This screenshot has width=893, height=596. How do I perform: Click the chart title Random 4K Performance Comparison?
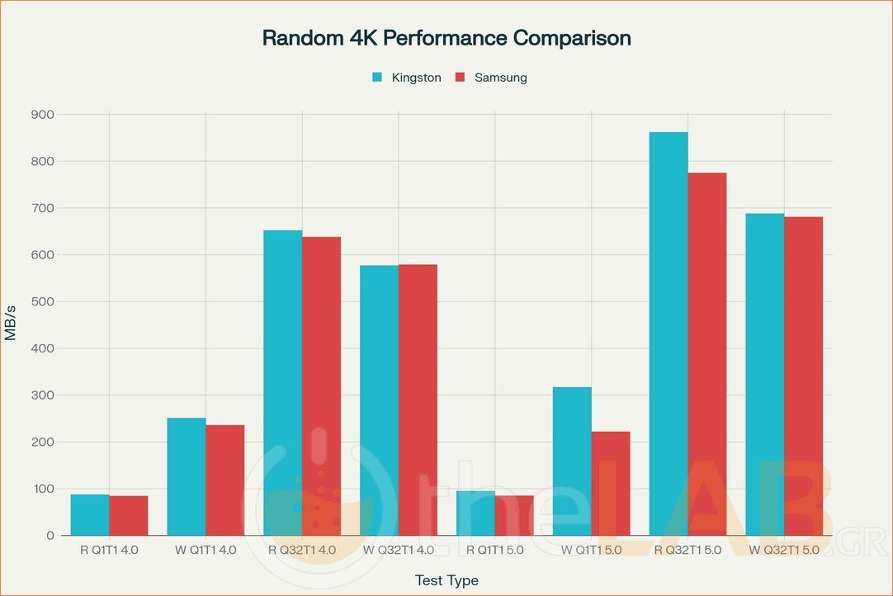pyautogui.click(x=446, y=38)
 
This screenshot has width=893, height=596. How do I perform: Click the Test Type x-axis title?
pyautogui.click(x=446, y=580)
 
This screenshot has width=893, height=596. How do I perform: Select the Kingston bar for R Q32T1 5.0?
pyautogui.click(x=669, y=333)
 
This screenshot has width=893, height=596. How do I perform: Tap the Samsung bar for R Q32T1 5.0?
pyautogui.click(x=707, y=354)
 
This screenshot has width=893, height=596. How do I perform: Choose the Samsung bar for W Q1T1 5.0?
pyautogui.click(x=611, y=483)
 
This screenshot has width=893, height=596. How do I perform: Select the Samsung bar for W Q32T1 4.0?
pyautogui.click(x=418, y=400)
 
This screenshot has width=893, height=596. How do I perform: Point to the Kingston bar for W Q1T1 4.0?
pyautogui.click(x=187, y=476)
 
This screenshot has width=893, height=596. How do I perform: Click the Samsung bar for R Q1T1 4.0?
pyautogui.click(x=129, y=515)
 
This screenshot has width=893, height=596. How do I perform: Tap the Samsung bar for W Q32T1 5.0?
pyautogui.click(x=803, y=376)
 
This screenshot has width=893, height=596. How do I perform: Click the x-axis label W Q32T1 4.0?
pyautogui.click(x=399, y=550)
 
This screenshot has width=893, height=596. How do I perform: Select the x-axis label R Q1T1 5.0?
pyautogui.click(x=495, y=550)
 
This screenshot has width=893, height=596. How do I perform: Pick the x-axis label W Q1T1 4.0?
pyautogui.click(x=206, y=550)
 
